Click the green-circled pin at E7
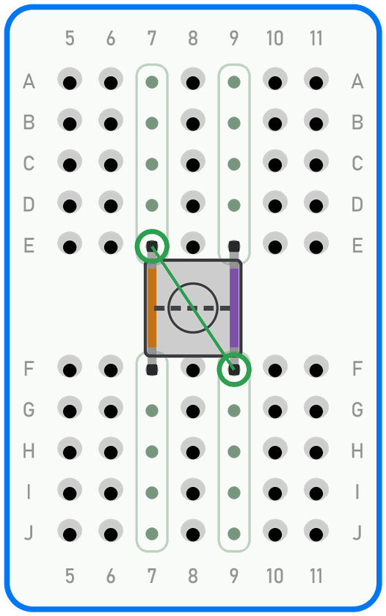coord(152,246)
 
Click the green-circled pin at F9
coord(234,370)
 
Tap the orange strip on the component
coord(152,308)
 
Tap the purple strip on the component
coord(234,308)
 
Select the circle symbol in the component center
coord(192,308)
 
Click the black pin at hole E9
coord(234,246)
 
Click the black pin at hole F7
coord(152,370)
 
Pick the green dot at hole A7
coord(152,82)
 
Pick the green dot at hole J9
coord(234,534)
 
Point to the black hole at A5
coord(70,83)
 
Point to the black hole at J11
coord(316,535)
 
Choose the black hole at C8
coord(193,165)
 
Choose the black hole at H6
coord(111,452)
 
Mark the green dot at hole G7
coord(152,411)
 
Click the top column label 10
coord(274,38)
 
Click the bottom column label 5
coord(70,576)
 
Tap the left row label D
coord(29,205)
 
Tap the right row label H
coord(357,451)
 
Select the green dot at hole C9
coord(234,164)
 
